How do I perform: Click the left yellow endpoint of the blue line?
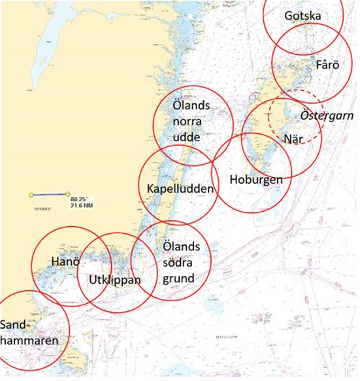(31, 195)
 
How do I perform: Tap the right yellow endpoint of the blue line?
(67, 193)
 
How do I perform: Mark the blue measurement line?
(49, 194)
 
